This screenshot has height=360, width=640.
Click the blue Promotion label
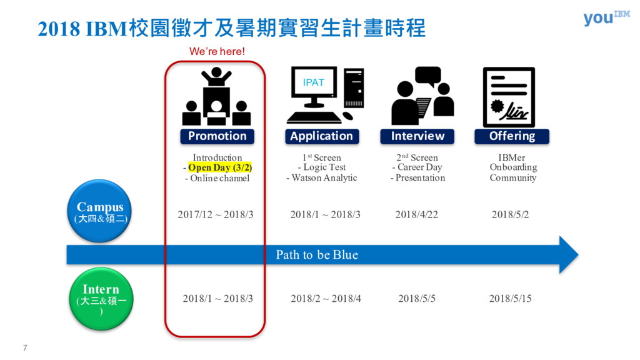click(217, 136)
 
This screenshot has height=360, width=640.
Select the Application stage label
click(321, 136)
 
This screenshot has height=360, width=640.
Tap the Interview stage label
click(417, 136)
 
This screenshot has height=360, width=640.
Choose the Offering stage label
click(512, 136)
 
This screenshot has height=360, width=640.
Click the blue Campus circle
click(100, 211)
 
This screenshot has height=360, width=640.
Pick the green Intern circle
click(100, 298)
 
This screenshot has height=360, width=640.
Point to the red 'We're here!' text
click(217, 51)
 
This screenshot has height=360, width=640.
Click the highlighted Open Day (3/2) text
click(220, 168)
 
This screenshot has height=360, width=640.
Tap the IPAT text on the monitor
click(314, 82)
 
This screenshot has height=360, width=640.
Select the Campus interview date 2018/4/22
click(416, 215)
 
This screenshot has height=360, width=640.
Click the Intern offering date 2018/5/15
click(510, 299)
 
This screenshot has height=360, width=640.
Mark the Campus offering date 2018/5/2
click(510, 215)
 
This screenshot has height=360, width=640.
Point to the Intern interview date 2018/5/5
click(416, 299)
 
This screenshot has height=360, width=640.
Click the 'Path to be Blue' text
click(317, 255)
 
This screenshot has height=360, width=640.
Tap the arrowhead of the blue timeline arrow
click(567, 255)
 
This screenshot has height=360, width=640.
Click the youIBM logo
click(606, 17)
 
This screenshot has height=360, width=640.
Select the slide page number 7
click(25, 347)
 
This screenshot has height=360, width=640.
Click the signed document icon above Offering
click(509, 97)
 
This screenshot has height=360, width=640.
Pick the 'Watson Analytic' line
click(322, 178)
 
